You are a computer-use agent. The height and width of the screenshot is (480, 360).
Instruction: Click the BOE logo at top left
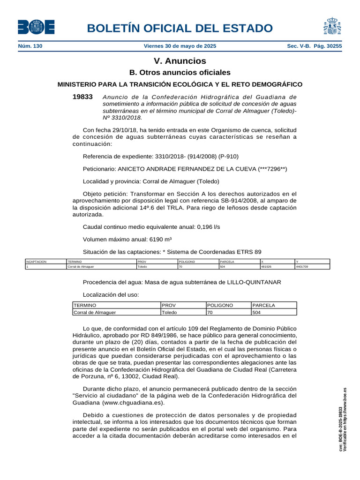36,27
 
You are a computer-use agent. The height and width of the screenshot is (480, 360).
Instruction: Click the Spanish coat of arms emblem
330,27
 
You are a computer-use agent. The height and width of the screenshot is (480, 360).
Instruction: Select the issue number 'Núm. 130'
30,46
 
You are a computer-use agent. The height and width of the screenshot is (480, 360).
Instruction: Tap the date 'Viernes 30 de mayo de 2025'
180,46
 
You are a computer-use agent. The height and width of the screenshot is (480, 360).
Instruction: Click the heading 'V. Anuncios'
180,61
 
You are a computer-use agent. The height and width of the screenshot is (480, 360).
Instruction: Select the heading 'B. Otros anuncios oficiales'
180,73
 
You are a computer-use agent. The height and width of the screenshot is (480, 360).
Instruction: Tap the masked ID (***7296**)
272,169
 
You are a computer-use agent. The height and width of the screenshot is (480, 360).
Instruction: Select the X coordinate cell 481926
266,266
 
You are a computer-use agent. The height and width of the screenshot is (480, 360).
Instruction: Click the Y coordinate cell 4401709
302,266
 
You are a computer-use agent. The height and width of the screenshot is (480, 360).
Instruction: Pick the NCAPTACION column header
37,261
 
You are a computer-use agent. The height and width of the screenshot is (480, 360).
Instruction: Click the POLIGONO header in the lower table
220,305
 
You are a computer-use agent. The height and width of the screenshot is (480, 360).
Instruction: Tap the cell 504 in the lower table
256,312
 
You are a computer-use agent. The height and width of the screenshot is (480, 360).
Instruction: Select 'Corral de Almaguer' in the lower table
95,312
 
